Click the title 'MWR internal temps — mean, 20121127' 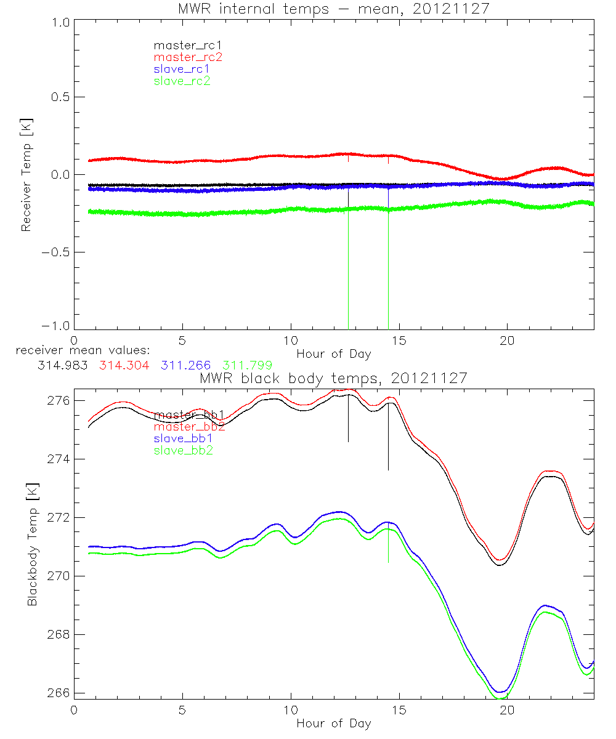coord(333,9)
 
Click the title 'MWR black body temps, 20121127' coord(333,378)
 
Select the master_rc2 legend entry coord(188,57)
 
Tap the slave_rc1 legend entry coord(182,69)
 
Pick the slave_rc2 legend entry coord(182,81)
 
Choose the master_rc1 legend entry coord(187,46)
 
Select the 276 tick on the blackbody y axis coord(59,401)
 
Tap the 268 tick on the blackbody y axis coord(59,635)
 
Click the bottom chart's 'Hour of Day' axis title coord(333,723)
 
